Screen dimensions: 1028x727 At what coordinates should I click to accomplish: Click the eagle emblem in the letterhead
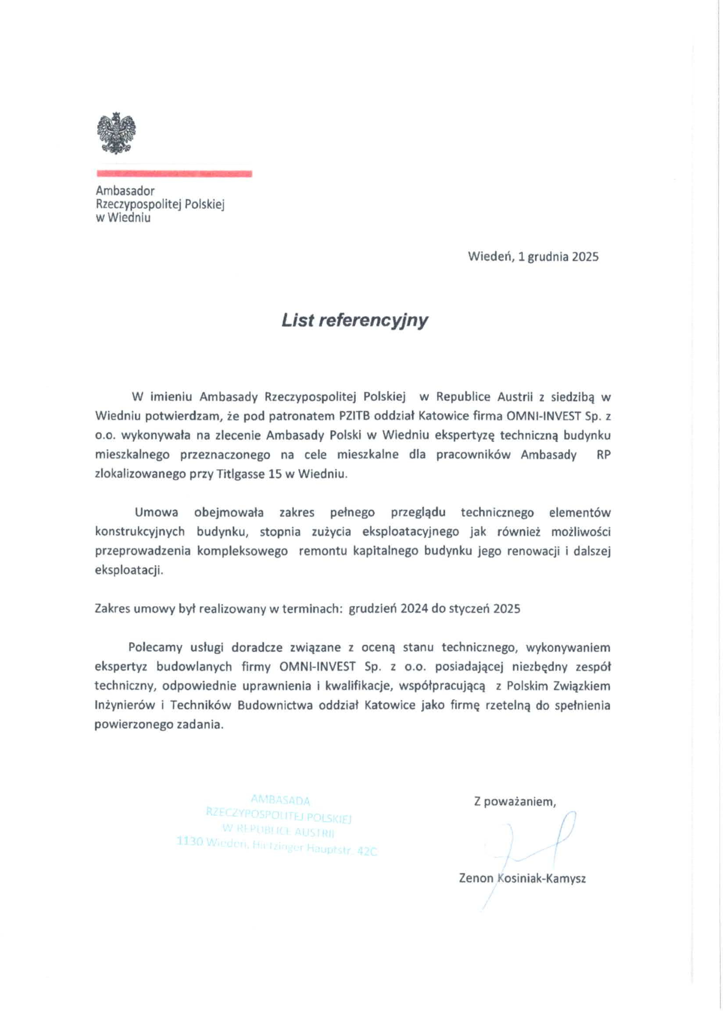pos(117,133)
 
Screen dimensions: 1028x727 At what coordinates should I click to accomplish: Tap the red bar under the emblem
pos(174,174)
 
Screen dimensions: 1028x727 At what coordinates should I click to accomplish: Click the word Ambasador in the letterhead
pos(125,191)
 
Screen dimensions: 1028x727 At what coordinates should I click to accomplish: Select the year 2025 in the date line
pos(585,256)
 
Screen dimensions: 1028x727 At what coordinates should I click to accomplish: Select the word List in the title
pos(297,320)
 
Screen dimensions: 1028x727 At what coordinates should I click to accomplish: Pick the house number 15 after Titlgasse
pos(275,474)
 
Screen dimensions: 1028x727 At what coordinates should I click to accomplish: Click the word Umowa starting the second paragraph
pos(156,512)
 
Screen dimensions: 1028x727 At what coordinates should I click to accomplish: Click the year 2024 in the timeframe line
pos(414,609)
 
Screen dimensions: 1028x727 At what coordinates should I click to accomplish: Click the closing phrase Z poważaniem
pos(515,801)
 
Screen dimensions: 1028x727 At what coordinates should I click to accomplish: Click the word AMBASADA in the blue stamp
pos(280,800)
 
